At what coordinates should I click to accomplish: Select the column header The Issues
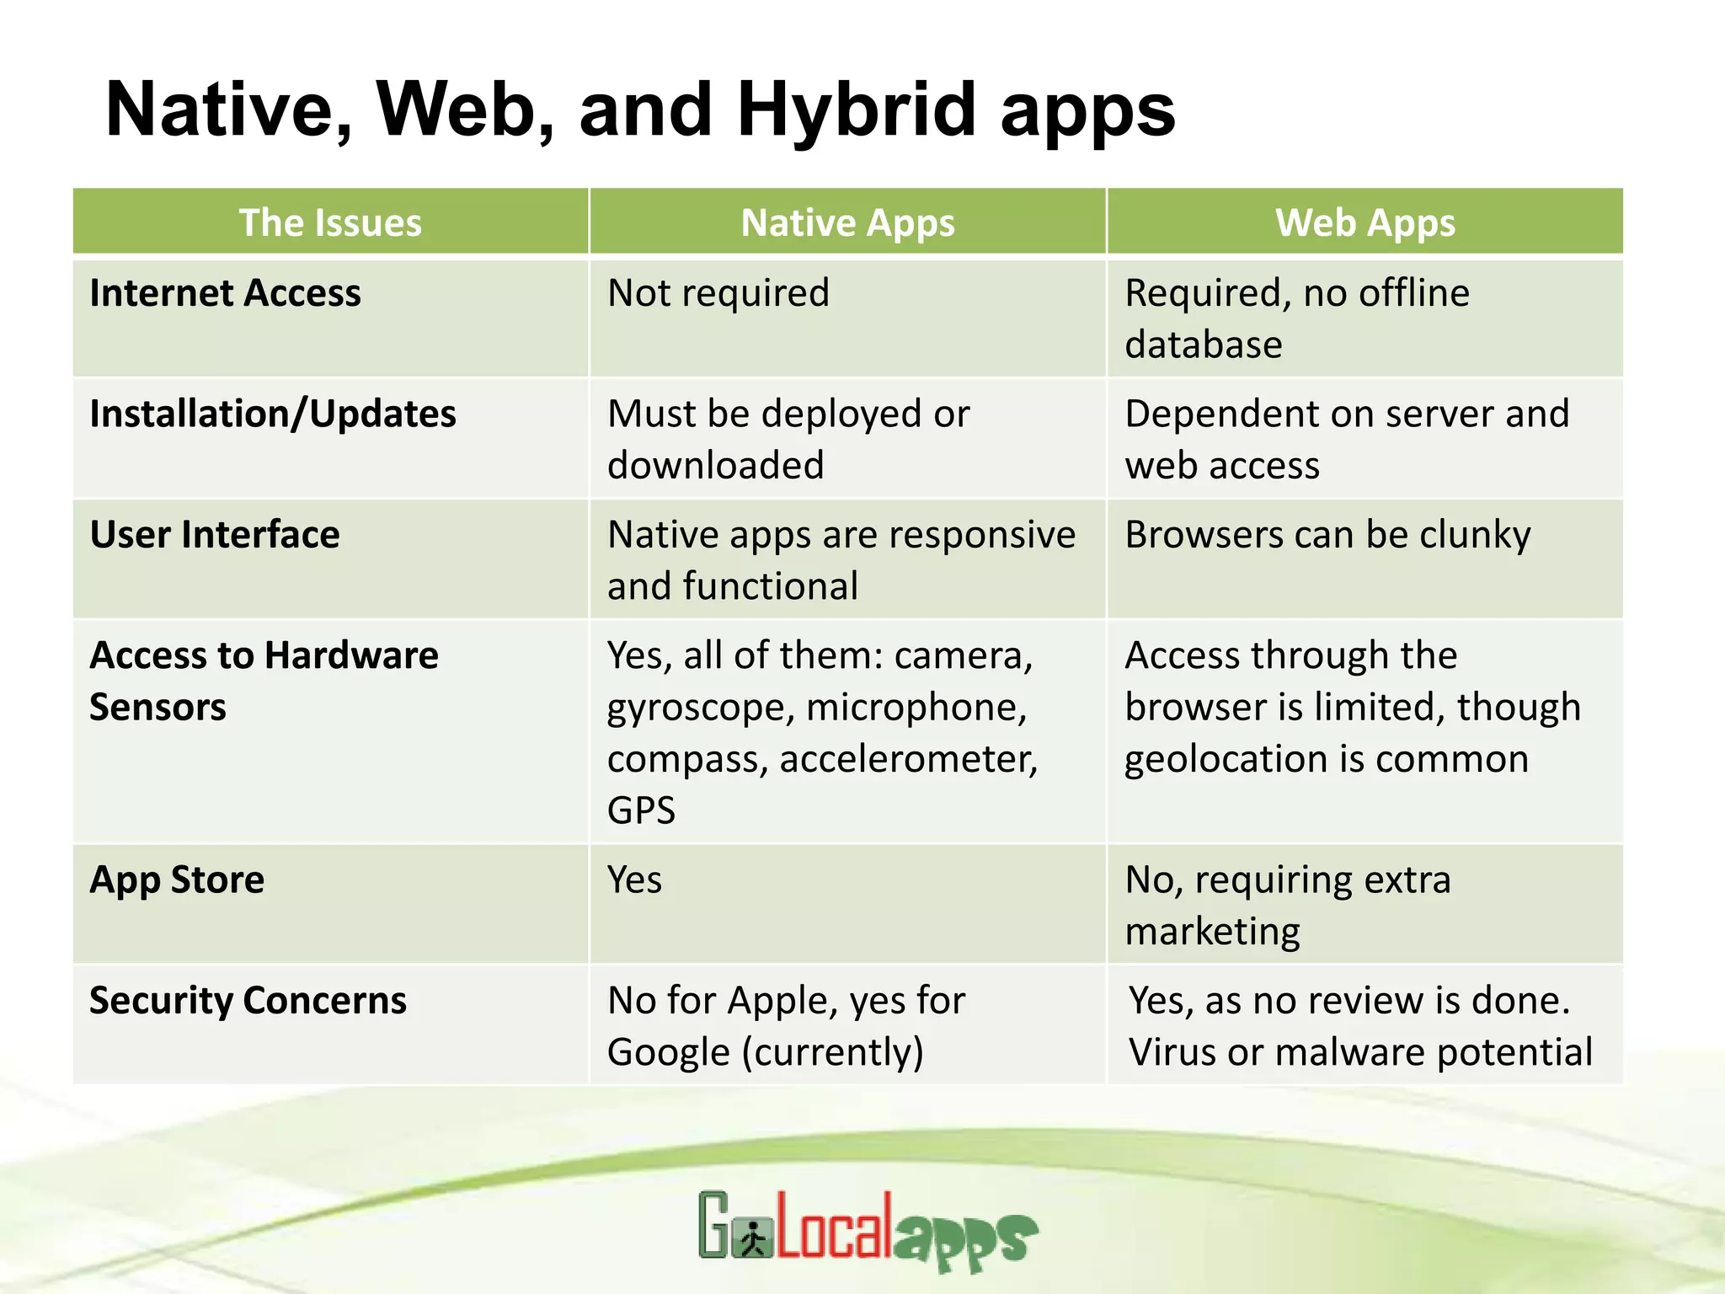point(330,223)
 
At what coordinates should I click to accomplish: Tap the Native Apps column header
point(847,223)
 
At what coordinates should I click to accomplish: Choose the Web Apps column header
point(1365,223)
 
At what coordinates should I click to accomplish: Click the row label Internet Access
point(225,293)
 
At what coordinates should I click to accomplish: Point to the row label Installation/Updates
point(273,414)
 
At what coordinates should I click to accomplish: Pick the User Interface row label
point(215,534)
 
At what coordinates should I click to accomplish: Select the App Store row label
point(177,880)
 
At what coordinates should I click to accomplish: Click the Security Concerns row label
point(248,1000)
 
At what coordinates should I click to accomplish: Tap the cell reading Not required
point(718,293)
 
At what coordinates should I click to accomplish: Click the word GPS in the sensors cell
point(641,810)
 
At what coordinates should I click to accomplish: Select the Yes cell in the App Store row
point(634,880)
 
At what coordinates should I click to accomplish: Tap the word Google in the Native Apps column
point(669,1053)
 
